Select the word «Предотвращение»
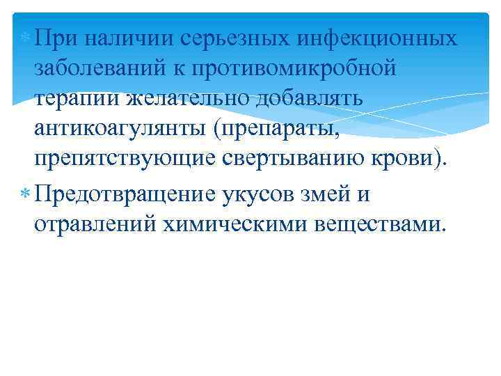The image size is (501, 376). click(125, 194)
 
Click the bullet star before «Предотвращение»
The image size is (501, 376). click(24, 194)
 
